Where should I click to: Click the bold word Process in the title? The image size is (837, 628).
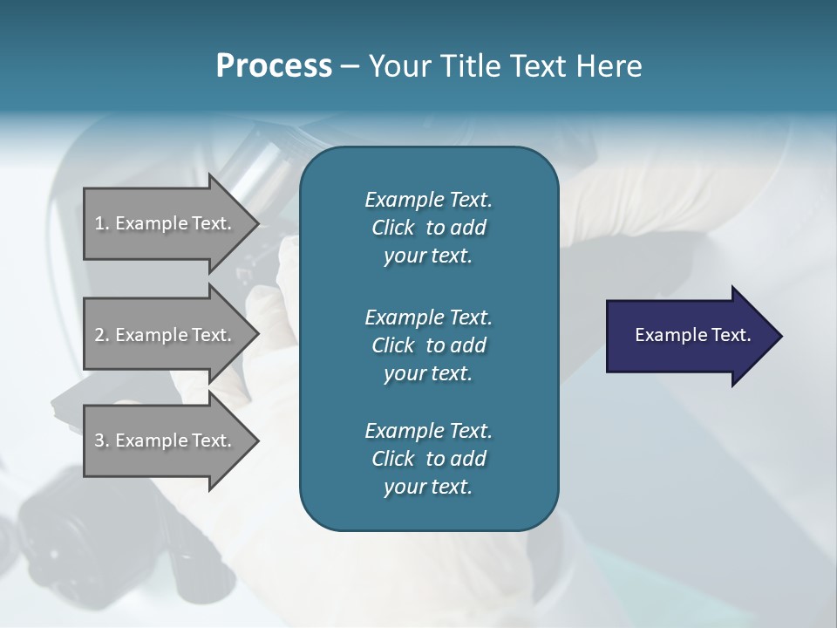[x=274, y=66]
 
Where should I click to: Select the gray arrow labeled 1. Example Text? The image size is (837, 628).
[x=166, y=223]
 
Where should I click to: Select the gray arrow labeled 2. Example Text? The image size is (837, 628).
[x=166, y=335]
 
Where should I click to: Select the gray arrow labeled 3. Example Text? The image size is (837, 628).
[x=166, y=440]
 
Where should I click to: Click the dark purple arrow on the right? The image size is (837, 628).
[x=689, y=336]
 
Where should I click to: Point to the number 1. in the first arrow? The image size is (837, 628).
[x=102, y=223]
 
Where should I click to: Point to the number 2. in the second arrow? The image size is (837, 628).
[x=102, y=335]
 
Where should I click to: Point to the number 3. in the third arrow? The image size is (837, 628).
[x=102, y=440]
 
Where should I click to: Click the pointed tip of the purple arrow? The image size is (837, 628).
[x=778, y=336]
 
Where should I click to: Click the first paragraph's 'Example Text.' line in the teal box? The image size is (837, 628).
[x=428, y=200]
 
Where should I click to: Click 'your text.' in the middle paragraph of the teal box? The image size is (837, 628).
[x=428, y=373]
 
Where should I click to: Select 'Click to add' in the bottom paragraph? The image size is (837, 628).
[x=428, y=459]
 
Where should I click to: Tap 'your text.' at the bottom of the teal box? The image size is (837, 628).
[x=428, y=488]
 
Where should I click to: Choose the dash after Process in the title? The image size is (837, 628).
[x=350, y=66]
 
